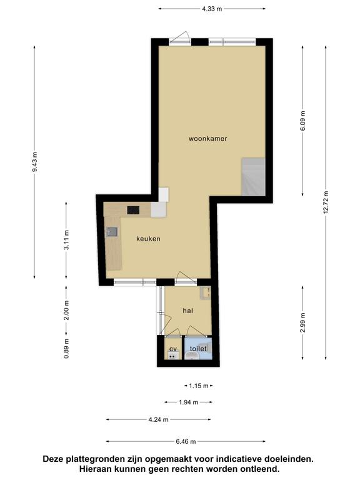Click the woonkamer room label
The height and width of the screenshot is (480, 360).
tap(208, 139)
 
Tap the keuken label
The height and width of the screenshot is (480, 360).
tap(149, 239)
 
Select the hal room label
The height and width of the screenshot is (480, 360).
tap(188, 311)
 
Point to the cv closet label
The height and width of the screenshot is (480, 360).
tap(173, 349)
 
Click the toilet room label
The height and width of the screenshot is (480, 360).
tap(198, 349)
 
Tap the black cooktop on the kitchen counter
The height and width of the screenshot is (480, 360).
tap(133, 210)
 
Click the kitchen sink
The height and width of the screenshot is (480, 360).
tap(112, 232)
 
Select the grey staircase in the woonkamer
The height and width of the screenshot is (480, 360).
tap(253, 177)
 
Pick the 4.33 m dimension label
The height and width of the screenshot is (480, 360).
tap(212, 9)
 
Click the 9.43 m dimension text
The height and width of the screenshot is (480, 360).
tap(34, 162)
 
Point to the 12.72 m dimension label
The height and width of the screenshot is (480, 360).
tap(326, 202)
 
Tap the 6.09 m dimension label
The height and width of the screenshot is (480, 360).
tap(302, 121)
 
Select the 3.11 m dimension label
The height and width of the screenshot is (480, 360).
tap(66, 240)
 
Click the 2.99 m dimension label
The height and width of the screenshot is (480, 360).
tap(302, 323)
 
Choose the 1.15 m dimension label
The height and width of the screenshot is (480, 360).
tap(199, 386)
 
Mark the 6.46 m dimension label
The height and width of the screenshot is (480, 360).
tap(186, 441)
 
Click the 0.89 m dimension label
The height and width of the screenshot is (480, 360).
tap(66, 349)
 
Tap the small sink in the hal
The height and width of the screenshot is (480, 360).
tap(206, 293)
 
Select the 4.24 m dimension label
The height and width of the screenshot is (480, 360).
tap(159, 419)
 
